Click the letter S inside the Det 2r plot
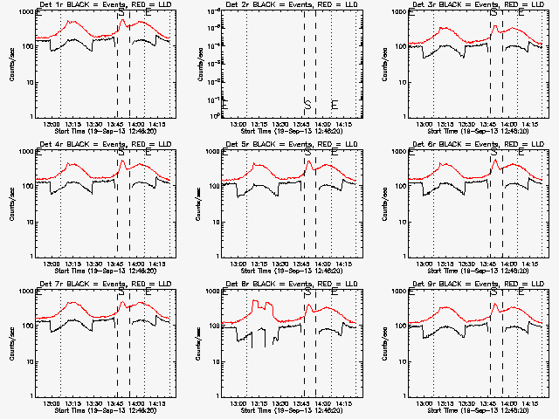[x=307, y=105]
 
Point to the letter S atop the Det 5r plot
[x=307, y=153]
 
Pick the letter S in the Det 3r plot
[x=494, y=12]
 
